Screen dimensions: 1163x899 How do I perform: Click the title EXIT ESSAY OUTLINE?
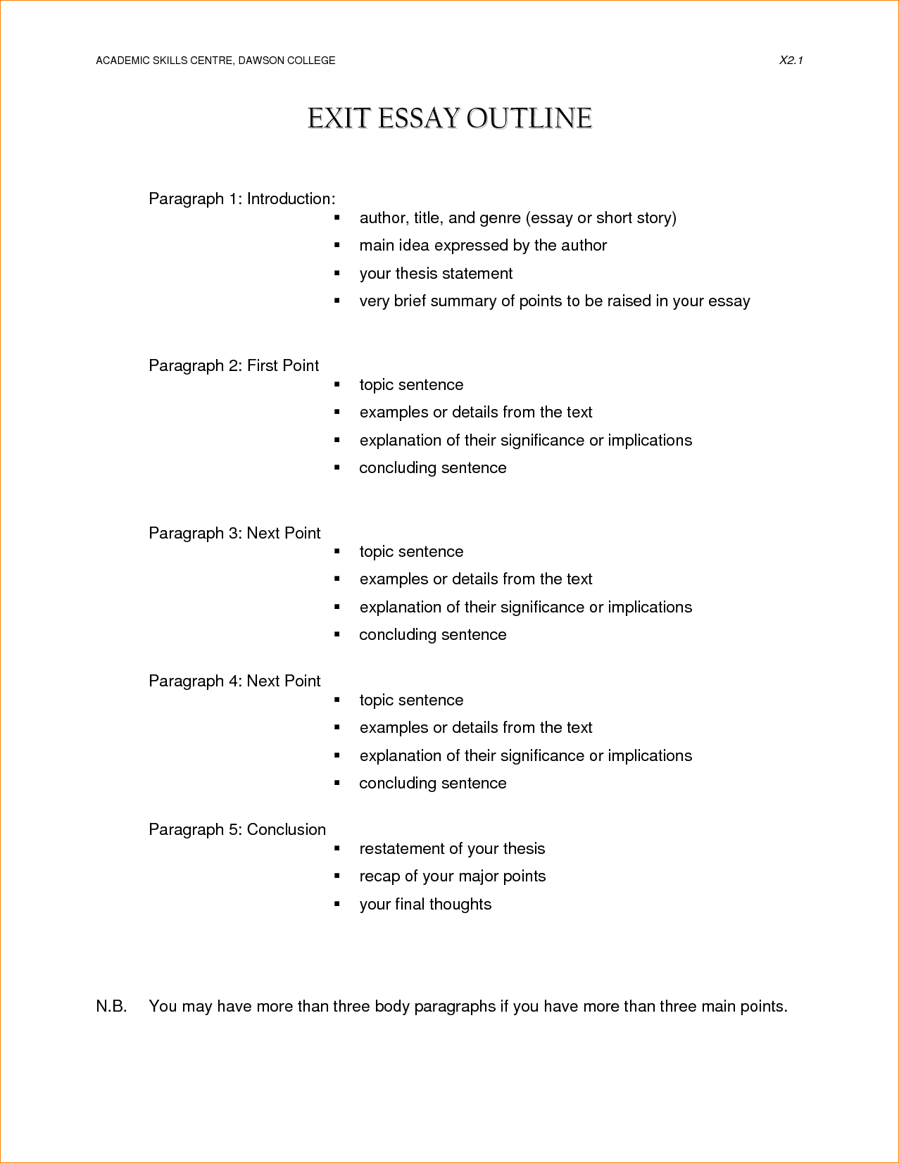[x=449, y=118]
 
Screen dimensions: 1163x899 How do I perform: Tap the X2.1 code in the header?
[x=791, y=61]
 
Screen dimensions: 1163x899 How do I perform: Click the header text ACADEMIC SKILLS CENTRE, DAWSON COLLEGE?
[x=215, y=61]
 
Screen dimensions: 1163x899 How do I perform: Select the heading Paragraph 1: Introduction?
[x=241, y=199]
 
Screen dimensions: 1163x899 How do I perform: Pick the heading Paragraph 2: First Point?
[x=234, y=366]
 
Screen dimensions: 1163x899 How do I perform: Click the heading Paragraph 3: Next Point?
[x=234, y=534]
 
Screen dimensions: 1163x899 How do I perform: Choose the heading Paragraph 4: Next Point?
[x=234, y=681]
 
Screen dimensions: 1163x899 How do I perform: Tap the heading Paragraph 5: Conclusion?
[x=237, y=830]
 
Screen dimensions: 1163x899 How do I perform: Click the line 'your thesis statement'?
[x=436, y=274]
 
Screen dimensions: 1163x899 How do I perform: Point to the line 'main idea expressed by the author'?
[x=483, y=246]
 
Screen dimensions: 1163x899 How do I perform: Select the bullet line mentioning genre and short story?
[x=517, y=218]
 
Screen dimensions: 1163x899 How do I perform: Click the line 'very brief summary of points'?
[x=554, y=301]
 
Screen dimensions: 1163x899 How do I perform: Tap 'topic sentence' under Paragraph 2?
[x=411, y=385]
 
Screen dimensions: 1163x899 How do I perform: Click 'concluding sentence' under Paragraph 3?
[x=432, y=635]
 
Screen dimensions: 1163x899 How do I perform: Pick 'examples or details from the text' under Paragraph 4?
[x=476, y=728]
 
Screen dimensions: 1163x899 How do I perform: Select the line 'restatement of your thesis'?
[x=452, y=849]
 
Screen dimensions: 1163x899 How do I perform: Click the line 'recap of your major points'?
[x=452, y=876]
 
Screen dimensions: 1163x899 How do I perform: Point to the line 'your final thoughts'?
[x=425, y=905]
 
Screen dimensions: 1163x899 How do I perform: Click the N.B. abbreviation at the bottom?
[x=111, y=1007]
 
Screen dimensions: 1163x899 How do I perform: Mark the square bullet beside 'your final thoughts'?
[x=337, y=904]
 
